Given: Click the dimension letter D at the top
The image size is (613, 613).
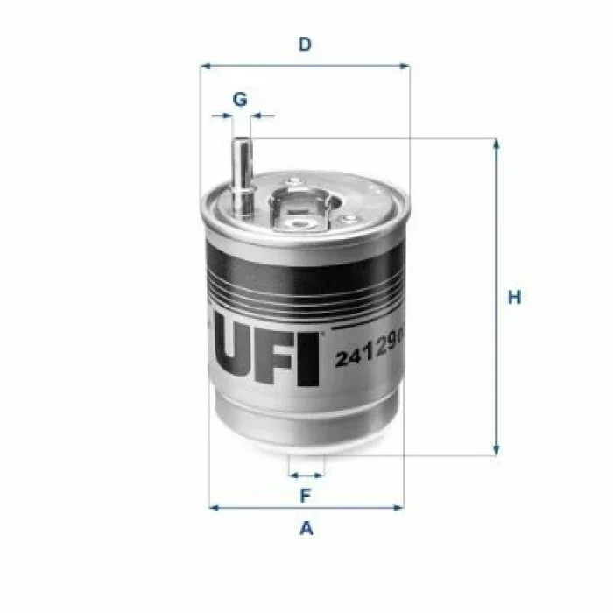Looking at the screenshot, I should [x=305, y=44].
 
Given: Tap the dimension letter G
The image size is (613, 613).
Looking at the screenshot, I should [x=239, y=99].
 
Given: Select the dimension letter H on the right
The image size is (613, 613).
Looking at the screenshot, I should [x=515, y=298].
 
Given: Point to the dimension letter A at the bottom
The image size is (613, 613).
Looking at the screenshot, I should [x=306, y=528].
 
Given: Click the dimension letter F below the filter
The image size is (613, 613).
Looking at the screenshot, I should [x=306, y=496].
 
